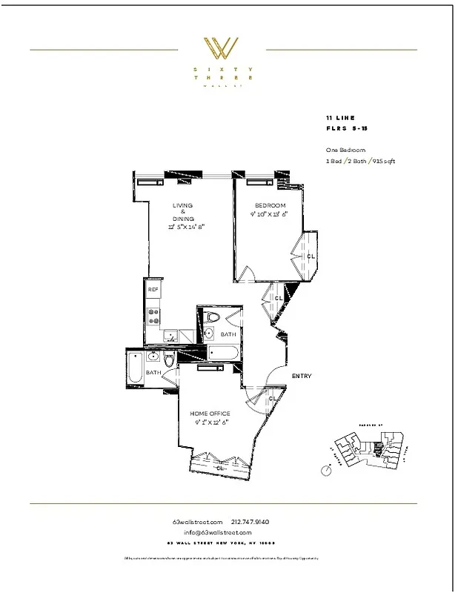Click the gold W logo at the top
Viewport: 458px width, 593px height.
(x=222, y=49)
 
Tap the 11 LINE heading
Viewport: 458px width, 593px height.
(x=339, y=118)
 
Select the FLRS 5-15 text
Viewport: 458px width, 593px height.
(x=346, y=129)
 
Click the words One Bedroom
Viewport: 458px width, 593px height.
(x=345, y=150)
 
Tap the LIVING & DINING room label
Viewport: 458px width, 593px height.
(x=183, y=212)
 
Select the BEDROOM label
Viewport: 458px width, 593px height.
(x=270, y=205)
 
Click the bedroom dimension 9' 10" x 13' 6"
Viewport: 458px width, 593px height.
(x=270, y=214)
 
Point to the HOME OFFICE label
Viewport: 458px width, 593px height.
(x=210, y=414)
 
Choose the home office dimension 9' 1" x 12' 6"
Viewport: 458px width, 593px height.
(x=210, y=423)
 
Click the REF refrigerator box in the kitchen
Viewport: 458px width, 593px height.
(x=153, y=290)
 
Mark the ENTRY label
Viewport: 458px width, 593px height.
(x=301, y=377)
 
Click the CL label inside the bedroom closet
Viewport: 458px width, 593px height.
(x=311, y=256)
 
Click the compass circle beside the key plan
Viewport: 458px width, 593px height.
(x=325, y=469)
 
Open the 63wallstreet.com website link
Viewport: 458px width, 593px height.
(x=196, y=522)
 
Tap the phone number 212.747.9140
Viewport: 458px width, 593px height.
(x=250, y=522)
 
